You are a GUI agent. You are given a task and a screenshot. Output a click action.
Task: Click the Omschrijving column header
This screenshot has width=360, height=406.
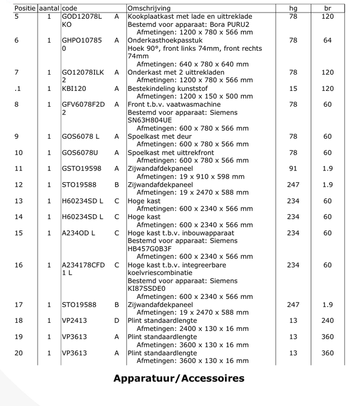149,9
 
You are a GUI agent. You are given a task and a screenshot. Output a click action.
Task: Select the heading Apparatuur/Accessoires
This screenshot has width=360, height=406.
179,378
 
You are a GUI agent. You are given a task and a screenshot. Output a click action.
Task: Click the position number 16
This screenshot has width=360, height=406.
19,265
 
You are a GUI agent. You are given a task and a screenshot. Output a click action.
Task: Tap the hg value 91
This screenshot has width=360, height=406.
293,168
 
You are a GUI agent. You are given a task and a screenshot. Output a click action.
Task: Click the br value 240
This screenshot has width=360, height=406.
328,321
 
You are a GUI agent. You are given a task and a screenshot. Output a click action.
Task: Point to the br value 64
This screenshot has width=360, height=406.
328,40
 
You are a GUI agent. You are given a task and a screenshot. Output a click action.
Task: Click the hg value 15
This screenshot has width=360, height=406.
293,88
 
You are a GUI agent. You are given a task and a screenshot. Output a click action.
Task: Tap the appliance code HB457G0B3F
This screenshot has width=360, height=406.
151,249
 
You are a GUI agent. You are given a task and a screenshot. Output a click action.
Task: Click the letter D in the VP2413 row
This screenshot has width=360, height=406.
117,321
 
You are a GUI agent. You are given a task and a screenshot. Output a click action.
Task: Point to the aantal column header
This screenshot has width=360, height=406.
48,9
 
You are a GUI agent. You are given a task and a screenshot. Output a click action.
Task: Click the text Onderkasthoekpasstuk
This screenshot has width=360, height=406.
165,40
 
